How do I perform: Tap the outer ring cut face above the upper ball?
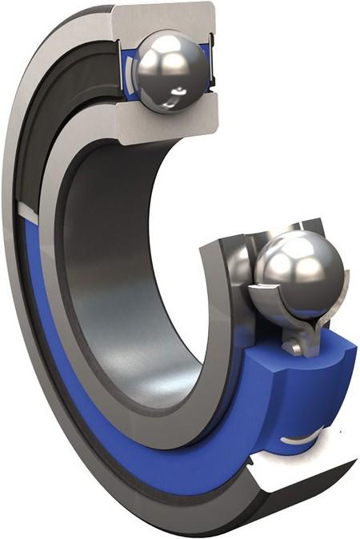pyautogui.click(x=164, y=17)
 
